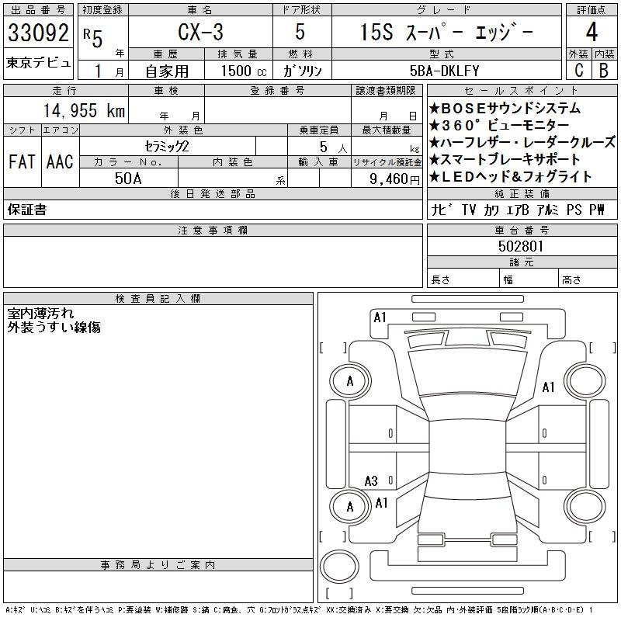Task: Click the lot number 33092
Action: [x=38, y=33]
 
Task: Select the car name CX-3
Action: [x=200, y=32]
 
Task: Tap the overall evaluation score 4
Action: [x=592, y=32]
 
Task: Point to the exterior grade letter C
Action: [x=578, y=70]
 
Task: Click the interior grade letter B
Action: [x=604, y=70]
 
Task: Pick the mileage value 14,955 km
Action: [x=84, y=110]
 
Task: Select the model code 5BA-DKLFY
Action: [x=444, y=71]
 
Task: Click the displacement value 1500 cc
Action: [x=244, y=71]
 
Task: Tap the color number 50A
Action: [x=128, y=179]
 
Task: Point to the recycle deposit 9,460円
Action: [x=394, y=179]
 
